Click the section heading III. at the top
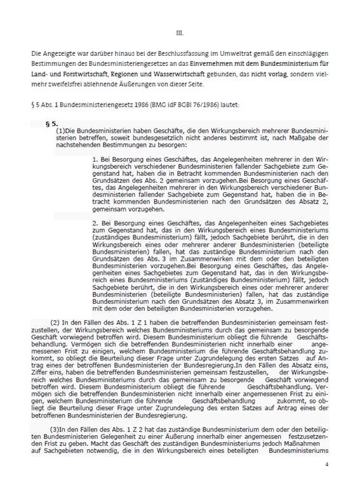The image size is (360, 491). click(180, 30)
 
